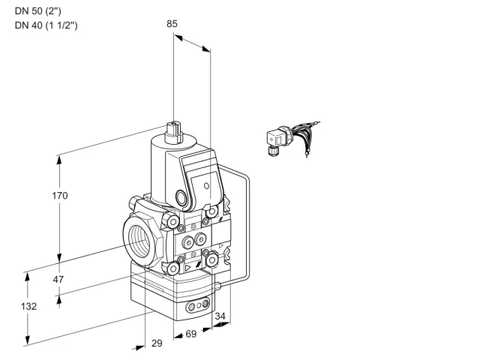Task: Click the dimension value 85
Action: coord(172,24)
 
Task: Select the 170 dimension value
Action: coord(60,196)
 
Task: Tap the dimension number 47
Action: coord(58,280)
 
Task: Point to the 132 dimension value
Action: coord(28,307)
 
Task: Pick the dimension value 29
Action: coord(157,343)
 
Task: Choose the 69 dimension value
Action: coord(191,334)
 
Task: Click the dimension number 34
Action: coord(220,316)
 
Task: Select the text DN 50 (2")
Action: coord(38,11)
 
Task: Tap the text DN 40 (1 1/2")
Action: coord(46,25)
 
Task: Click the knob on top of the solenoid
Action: coord(173,132)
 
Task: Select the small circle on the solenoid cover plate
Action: coord(207,185)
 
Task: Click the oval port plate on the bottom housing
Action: coord(198,304)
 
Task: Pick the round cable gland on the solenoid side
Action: coord(181,197)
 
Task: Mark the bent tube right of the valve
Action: coord(248,223)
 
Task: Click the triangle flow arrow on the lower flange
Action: coord(188,268)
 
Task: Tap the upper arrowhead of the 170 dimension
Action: coord(59,160)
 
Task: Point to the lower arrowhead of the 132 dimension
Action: coord(28,340)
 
